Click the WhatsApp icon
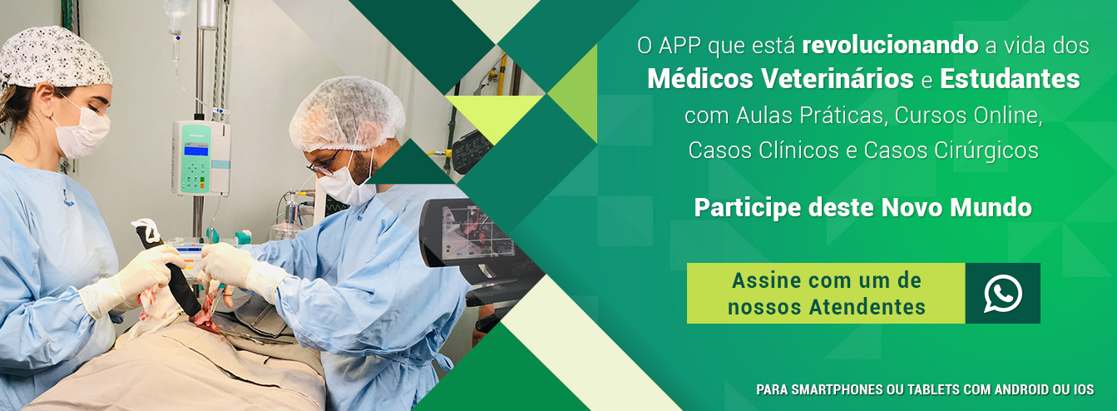pyautogui.click(x=1002, y=294)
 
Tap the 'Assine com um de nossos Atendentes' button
pyautogui.click(x=826, y=294)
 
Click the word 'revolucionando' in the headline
pyautogui.click(x=889, y=45)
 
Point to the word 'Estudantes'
pyautogui.click(x=1010, y=80)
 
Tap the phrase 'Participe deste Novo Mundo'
pyautogui.click(x=862, y=207)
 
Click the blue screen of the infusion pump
pyautogui.click(x=195, y=150)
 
